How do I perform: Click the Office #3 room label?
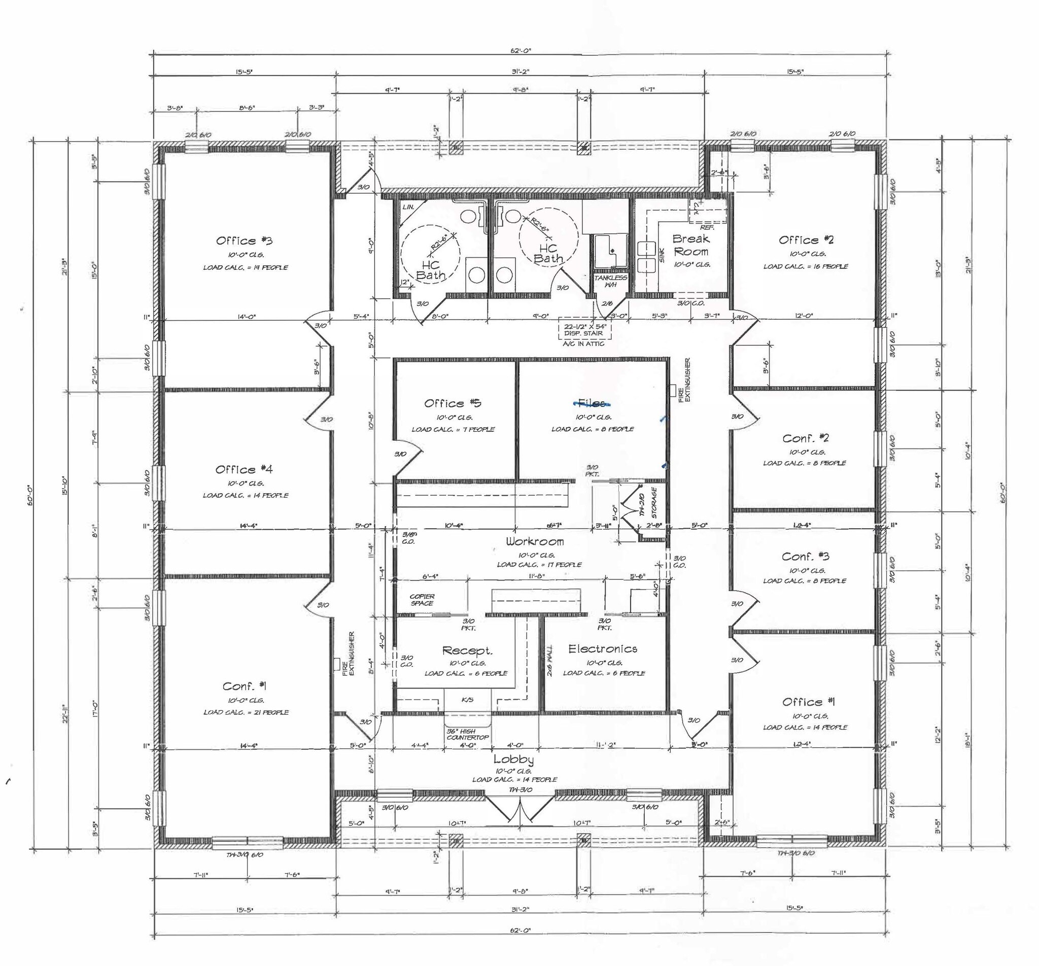[244, 241]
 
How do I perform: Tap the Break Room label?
[691, 245]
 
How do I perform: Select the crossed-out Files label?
[592, 403]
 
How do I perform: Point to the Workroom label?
[534, 541]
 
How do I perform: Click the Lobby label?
[513, 759]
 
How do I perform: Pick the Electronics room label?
[603, 649]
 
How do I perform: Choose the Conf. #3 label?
[806, 556]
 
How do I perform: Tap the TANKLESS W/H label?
[610, 281]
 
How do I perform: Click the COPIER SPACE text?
[422, 600]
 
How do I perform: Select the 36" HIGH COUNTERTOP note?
[468, 735]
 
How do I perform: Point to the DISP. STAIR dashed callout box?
[584, 330]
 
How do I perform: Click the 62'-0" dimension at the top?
[521, 51]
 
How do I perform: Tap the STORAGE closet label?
[654, 502]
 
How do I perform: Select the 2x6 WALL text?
[550, 661]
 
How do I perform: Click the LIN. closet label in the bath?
[408, 207]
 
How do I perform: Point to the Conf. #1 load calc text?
[246, 712]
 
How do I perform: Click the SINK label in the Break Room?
[662, 256]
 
